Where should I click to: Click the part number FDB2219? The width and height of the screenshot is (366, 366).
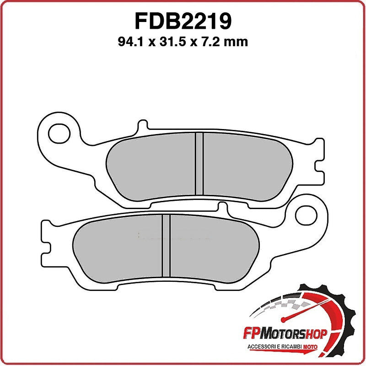click(x=183, y=21)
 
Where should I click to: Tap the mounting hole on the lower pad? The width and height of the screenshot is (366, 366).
click(x=305, y=213)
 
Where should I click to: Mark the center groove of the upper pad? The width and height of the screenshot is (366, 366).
click(x=199, y=163)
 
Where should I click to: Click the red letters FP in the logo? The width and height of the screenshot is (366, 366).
click(x=259, y=334)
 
